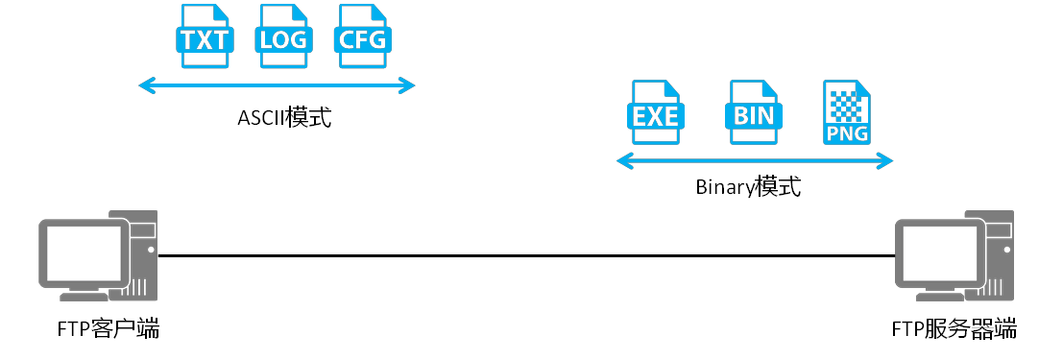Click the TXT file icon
(x=203, y=36)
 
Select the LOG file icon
(x=282, y=36)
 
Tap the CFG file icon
(x=363, y=36)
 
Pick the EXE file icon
(x=656, y=113)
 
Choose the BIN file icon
(x=753, y=113)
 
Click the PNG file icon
(x=847, y=113)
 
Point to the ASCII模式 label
(x=283, y=119)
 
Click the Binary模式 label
(x=748, y=186)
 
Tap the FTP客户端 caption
(x=107, y=330)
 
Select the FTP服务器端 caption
(x=954, y=330)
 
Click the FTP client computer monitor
(x=84, y=252)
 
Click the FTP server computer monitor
(x=940, y=252)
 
